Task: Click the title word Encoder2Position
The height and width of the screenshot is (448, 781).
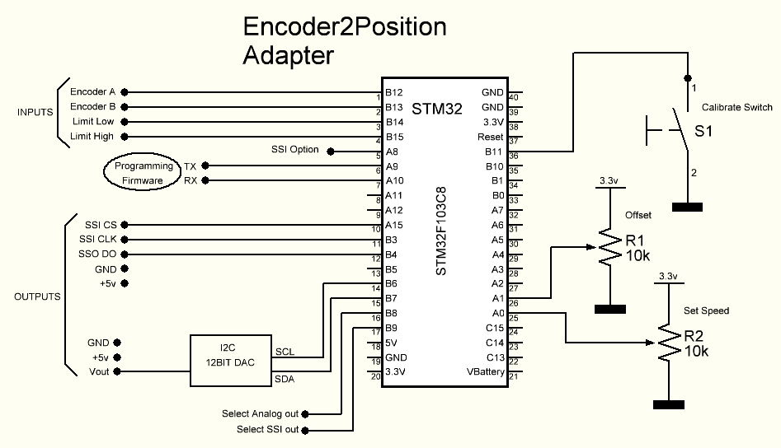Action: click(x=345, y=27)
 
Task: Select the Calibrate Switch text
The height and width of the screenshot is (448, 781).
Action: click(x=736, y=107)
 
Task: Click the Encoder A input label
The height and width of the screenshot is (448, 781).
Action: click(x=92, y=92)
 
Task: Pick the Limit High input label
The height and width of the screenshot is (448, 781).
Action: click(x=92, y=137)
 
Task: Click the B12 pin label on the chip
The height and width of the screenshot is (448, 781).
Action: click(x=393, y=92)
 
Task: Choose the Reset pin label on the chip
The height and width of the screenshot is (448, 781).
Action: click(x=490, y=137)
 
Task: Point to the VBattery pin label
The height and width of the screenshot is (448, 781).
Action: click(x=485, y=372)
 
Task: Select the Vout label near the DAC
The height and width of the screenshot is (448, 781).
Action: click(x=99, y=372)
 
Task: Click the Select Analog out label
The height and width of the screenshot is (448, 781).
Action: click(x=260, y=413)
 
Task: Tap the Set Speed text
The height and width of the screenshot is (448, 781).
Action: click(x=707, y=310)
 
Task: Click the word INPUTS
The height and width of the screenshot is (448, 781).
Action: click(x=35, y=113)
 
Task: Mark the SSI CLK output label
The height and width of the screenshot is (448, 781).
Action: click(x=97, y=240)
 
